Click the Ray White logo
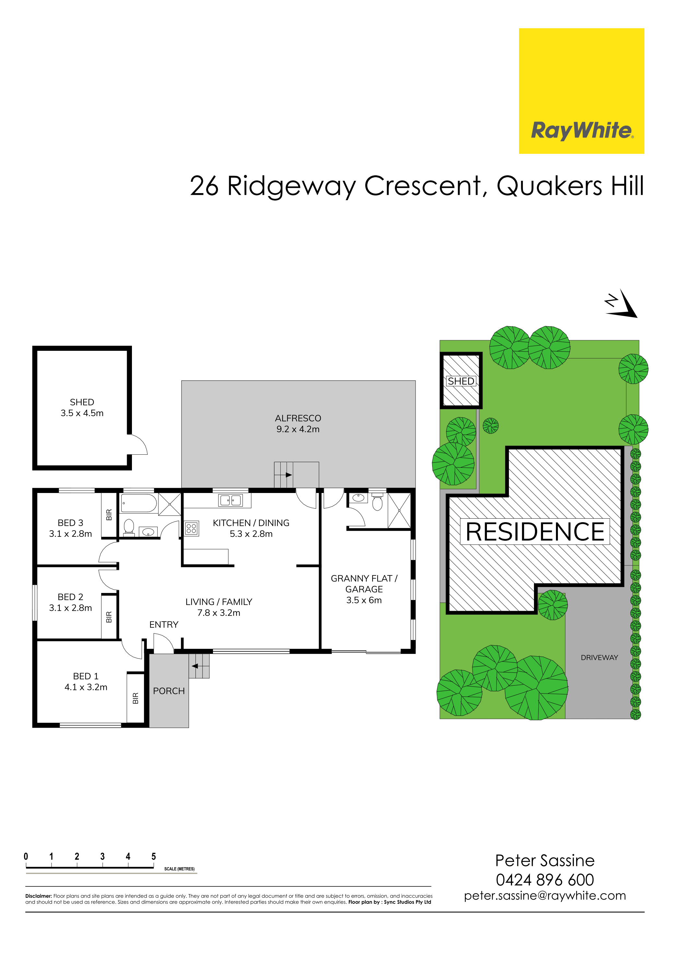coord(582,91)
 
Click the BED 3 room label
coord(70,528)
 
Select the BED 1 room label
coord(86,682)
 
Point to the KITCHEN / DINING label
coord(251,528)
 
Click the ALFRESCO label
coord(298,424)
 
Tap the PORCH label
coord(169,691)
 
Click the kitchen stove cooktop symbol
coord(191,528)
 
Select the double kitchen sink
coord(230,500)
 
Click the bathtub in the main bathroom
coord(139,503)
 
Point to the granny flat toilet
coord(377,502)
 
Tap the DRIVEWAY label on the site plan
coord(599,658)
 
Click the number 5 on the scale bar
coord(154,856)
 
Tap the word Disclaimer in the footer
coord(39,896)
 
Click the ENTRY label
coord(164,625)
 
